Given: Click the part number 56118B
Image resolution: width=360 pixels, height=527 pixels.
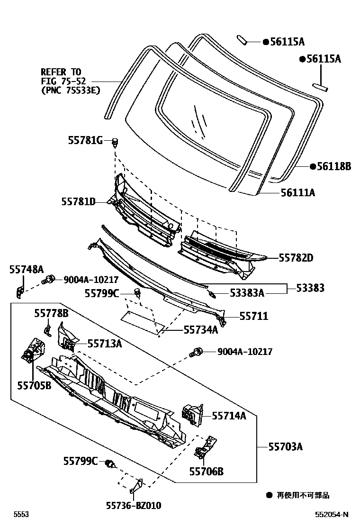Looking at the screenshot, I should click(334, 166).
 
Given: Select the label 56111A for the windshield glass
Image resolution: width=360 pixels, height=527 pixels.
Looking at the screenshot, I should click(298, 192).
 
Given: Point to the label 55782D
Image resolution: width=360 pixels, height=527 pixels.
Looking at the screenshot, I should click(297, 258).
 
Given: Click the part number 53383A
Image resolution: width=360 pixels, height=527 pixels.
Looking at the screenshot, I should click(247, 293).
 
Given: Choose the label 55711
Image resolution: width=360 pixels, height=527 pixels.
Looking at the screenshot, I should click(253, 316).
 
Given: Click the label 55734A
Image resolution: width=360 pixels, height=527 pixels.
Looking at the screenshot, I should click(200, 330).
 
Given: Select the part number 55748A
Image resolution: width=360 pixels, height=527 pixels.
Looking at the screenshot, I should click(26, 269).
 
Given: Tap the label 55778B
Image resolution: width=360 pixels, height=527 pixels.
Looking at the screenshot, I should click(51, 313).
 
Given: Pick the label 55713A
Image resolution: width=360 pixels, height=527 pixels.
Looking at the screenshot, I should click(104, 344).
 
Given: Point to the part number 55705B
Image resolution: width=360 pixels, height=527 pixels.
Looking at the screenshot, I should click(34, 385).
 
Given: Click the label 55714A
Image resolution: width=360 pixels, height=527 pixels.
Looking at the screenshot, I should click(229, 416).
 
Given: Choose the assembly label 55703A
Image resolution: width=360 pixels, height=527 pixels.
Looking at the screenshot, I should click(286, 446).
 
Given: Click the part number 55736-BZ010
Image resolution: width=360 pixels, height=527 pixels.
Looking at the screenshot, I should click(133, 506).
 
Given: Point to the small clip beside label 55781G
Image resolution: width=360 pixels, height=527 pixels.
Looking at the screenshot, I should click(115, 141).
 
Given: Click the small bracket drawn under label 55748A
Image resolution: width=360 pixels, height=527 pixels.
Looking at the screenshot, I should click(19, 291).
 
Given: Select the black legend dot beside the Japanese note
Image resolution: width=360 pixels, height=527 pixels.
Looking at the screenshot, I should click(269, 496).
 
